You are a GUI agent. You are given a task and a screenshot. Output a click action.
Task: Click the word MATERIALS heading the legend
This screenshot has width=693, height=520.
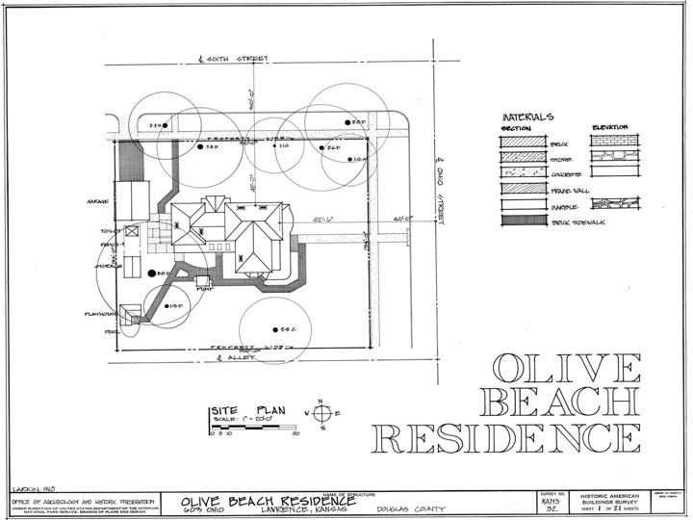[527, 117]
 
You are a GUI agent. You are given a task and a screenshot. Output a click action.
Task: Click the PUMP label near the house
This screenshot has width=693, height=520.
[203, 287]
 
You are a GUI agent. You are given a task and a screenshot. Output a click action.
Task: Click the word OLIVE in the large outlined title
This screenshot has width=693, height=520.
[566, 369]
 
